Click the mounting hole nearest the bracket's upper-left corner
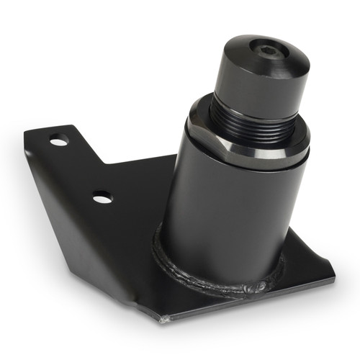point(58,140)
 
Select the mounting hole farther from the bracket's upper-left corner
point(102,196)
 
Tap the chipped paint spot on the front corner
point(167,318)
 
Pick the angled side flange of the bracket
point(86,238)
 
